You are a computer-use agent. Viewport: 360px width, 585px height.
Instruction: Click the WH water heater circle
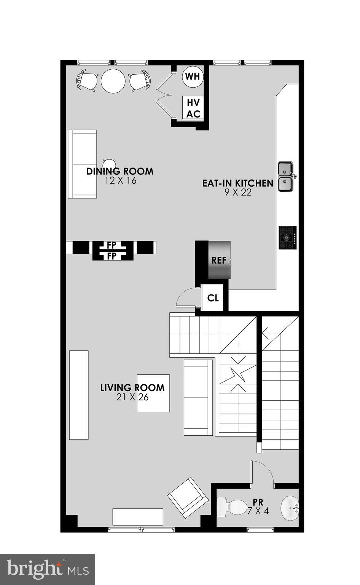(x=192, y=77)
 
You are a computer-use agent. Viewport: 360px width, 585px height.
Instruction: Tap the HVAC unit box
(x=193, y=108)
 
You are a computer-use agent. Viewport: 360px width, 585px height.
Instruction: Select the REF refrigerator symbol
(x=219, y=260)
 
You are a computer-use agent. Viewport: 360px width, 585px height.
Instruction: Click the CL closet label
(x=213, y=298)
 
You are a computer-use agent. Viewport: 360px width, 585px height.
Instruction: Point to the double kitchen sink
(x=285, y=177)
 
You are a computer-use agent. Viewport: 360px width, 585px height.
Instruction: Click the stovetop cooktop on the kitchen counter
(x=288, y=238)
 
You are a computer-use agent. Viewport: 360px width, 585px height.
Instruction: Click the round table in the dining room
(x=113, y=80)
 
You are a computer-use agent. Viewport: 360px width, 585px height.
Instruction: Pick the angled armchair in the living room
(x=188, y=497)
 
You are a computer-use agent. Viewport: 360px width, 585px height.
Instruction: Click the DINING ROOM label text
(x=120, y=171)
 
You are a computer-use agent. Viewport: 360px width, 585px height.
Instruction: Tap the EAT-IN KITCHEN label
(x=237, y=183)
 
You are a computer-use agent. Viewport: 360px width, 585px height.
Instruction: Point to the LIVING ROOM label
(x=132, y=388)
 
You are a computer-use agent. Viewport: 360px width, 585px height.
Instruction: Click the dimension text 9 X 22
(x=238, y=193)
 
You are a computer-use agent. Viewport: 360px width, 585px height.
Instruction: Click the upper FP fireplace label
(x=111, y=245)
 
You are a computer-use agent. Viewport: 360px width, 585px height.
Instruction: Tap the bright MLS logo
(x=48, y=569)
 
